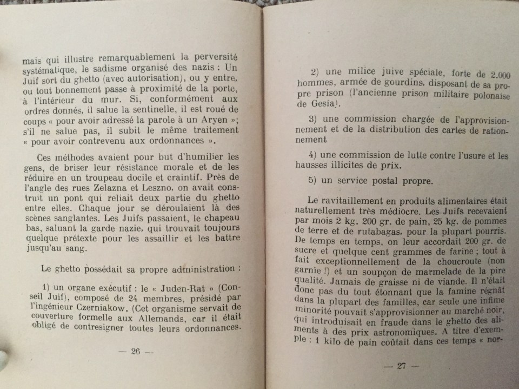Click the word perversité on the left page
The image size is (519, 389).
(212, 58)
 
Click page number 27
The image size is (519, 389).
(401, 366)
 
